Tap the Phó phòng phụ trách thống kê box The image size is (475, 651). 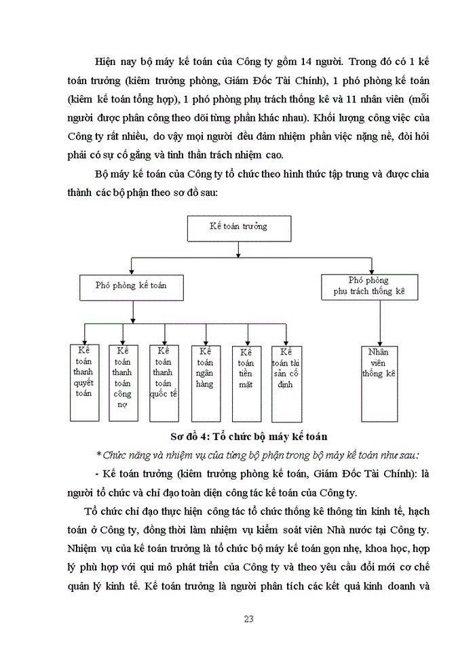368,285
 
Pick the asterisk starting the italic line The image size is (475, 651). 99,454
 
